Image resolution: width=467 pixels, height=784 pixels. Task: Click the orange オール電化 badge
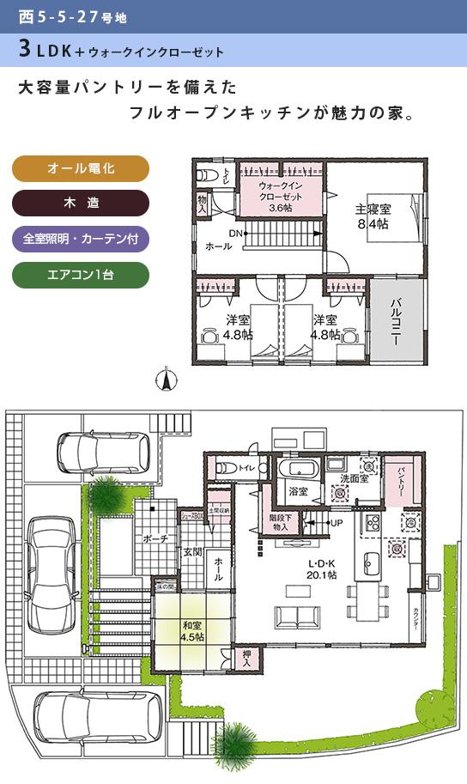coord(81,168)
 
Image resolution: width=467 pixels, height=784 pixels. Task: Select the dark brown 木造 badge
coord(81,203)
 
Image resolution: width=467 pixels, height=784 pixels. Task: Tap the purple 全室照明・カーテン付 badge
coord(81,238)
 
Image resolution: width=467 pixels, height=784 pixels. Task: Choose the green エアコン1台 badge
coord(81,275)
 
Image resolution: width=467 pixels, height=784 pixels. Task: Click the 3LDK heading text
coord(52,51)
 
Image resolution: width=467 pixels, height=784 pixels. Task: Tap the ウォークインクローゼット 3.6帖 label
coord(281,197)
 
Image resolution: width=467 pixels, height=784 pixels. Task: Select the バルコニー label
coord(397,322)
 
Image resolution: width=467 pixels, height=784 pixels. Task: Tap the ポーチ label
coord(155,538)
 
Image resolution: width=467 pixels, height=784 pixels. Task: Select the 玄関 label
coord(191,551)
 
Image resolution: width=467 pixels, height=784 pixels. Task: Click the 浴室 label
coord(298,493)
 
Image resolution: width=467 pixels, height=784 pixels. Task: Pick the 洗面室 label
coord(355,478)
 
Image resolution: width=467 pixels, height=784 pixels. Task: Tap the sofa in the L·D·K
coord(297,617)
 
